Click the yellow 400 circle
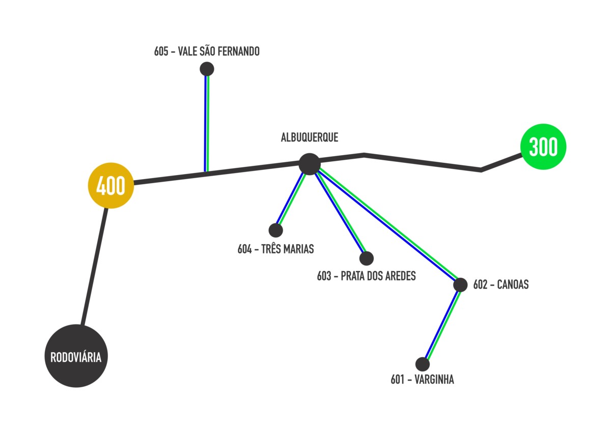(x=111, y=186)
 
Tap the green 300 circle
(x=543, y=147)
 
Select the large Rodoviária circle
(x=76, y=356)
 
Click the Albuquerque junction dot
(x=309, y=164)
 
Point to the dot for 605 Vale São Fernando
(x=207, y=69)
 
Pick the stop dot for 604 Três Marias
(x=275, y=231)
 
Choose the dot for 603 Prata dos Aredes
(x=366, y=258)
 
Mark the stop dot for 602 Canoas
(x=460, y=285)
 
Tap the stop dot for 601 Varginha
(x=422, y=364)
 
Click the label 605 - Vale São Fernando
(x=207, y=51)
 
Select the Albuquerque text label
(x=309, y=137)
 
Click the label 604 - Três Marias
(x=275, y=249)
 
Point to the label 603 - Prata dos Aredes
(x=366, y=276)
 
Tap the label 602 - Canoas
(x=501, y=285)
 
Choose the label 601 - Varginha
(x=422, y=380)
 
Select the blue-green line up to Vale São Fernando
(x=206, y=122)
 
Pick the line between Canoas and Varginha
(x=442, y=324)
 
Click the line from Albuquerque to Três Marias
(x=291, y=199)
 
